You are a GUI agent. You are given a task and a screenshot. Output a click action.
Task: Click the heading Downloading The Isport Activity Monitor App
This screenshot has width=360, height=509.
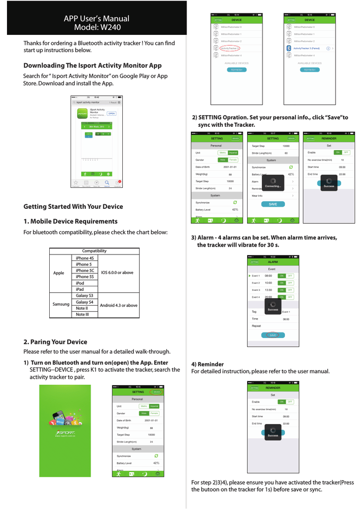92,66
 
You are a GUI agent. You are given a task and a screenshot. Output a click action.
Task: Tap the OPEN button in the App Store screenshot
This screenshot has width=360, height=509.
111,113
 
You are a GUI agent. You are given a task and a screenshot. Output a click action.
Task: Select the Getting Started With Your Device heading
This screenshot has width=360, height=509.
73,206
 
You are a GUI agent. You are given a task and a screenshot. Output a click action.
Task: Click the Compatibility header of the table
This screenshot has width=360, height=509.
94,251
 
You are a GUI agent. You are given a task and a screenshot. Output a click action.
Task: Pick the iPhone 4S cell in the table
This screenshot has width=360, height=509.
85,258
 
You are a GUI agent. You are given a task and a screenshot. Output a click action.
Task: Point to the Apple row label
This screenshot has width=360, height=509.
59,273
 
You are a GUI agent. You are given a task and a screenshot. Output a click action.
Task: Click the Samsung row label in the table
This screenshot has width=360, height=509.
62,304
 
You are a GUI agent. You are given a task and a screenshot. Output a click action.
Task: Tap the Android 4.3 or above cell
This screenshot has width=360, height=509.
118,305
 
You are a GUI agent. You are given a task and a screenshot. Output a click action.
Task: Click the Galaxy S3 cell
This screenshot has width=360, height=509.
85,296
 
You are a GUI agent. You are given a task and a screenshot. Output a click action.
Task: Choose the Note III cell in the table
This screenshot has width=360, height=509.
83,314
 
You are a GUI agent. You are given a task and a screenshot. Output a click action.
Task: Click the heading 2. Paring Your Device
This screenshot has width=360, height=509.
55,342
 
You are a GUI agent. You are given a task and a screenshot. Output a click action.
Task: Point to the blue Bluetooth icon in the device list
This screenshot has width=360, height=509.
288,48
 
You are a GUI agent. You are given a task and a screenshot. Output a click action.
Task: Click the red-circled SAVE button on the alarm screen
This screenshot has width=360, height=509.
272,335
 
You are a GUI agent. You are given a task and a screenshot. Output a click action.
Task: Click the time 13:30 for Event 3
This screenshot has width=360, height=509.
268,290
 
